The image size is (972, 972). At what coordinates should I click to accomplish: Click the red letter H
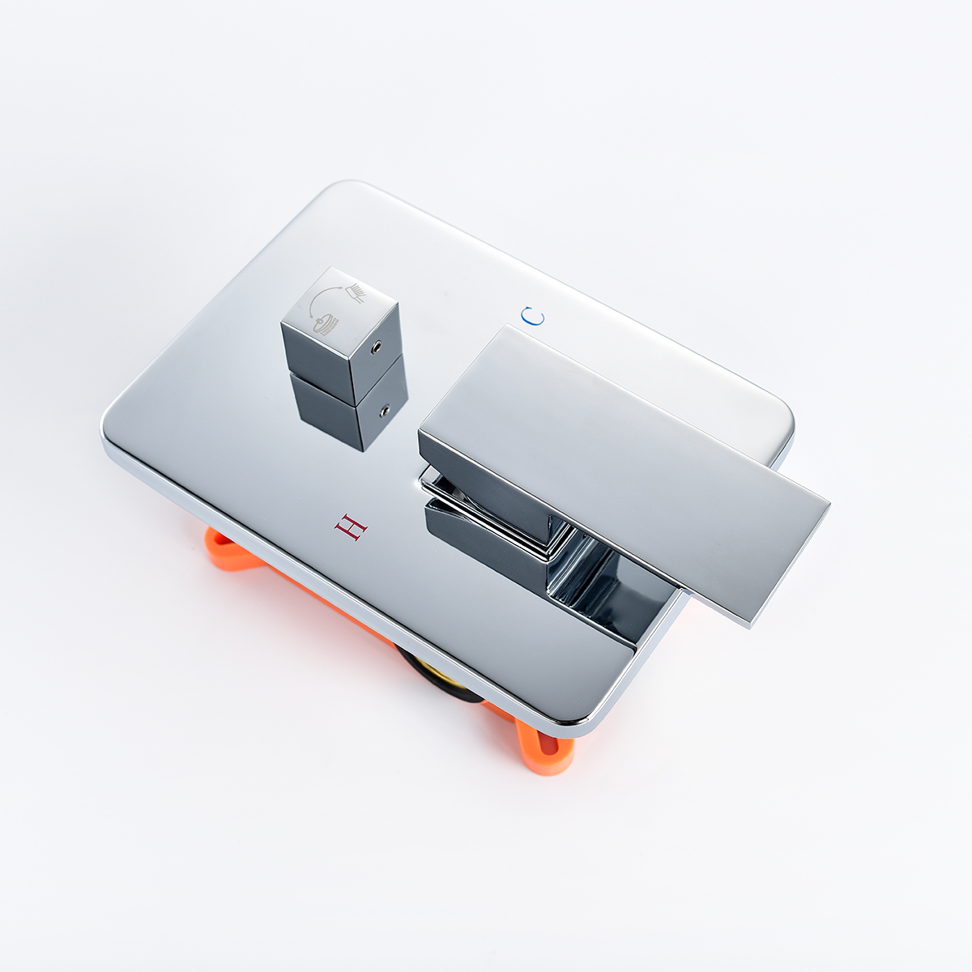pos(351,527)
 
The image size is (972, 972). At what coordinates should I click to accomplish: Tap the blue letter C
pos(533,317)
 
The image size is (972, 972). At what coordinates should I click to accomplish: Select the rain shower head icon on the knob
pos(326,326)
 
